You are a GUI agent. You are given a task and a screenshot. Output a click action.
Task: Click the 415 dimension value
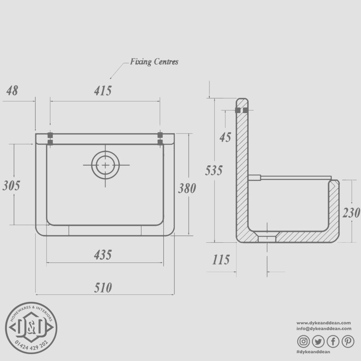pyautogui.click(x=103, y=91)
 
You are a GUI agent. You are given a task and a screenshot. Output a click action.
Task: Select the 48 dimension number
pyautogui.click(x=12, y=91)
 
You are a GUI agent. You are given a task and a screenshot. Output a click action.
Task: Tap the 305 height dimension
pyautogui.click(x=11, y=186)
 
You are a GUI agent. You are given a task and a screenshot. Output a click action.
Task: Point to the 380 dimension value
pyautogui.click(x=187, y=188)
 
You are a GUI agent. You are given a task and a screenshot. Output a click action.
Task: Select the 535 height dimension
pyautogui.click(x=213, y=170)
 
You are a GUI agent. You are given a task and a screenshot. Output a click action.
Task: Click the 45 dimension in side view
pyautogui.click(x=225, y=137)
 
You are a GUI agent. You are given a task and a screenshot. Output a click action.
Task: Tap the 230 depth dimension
pyautogui.click(x=351, y=213)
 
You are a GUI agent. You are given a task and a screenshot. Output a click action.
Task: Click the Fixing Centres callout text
pyautogui.click(x=154, y=62)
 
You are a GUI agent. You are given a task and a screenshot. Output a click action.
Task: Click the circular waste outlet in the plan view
pyautogui.click(x=105, y=165)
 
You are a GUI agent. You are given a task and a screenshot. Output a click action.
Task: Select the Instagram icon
pyautogui.click(x=304, y=341)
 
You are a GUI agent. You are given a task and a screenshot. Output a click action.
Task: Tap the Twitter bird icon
pyautogui.click(x=318, y=341)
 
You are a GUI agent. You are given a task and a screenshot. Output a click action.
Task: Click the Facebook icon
pyautogui.click(x=333, y=341)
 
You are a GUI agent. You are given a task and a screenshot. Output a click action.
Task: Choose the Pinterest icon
pyautogui.click(x=348, y=341)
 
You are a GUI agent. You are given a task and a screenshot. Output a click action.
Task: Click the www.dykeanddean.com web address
pyautogui.click(x=324, y=323)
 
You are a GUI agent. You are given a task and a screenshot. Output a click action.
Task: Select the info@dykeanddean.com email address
pyautogui.click(x=324, y=329)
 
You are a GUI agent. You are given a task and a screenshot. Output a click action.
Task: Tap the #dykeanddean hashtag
pyautogui.click(x=313, y=352)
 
